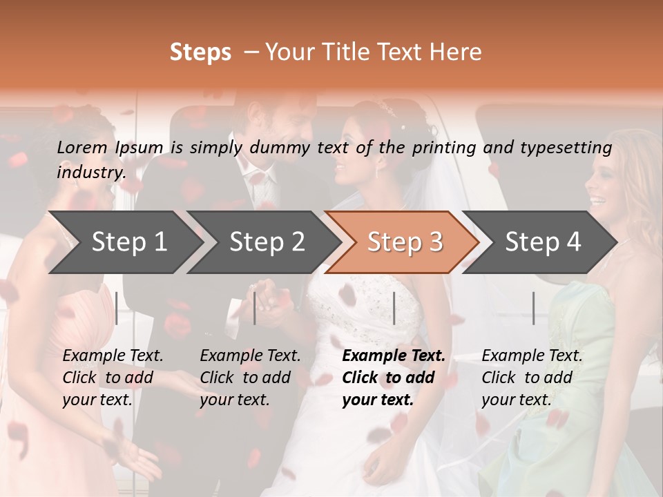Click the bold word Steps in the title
coord(200,52)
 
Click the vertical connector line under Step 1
coord(117,308)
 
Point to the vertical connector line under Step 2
coord(255,308)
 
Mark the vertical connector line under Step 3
coord(394,308)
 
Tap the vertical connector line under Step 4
coord(533,308)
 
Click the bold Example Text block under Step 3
coord(394,378)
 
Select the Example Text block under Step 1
coord(113,378)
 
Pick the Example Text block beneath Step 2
coord(250,378)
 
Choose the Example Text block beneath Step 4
coord(532,378)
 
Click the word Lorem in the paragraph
coord(83,147)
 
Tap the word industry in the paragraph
coord(90,172)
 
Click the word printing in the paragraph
coord(444,147)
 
